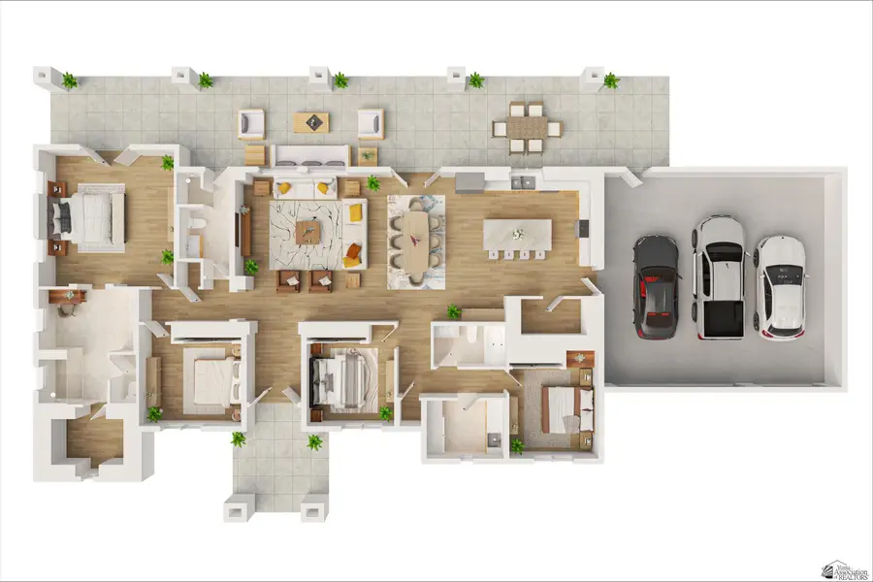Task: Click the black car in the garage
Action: click(656, 287)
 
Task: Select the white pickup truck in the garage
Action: click(719, 277)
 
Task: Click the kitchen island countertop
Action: click(517, 234)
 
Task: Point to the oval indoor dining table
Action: click(415, 240)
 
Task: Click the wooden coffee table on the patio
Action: click(311, 122)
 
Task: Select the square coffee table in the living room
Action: click(307, 231)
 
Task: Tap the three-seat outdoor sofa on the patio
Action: click(309, 155)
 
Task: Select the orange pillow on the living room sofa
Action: click(355, 210)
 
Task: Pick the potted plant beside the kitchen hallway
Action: click(453, 311)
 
